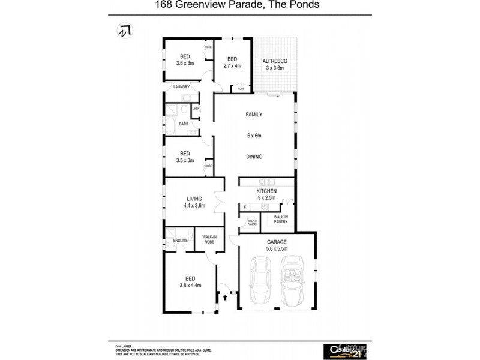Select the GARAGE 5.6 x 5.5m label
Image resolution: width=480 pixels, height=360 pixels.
click(277, 245)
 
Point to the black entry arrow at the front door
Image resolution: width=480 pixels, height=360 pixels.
click(226, 296)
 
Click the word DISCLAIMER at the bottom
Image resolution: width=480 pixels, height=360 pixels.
click(124, 346)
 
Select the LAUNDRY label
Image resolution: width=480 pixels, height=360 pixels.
click(181, 87)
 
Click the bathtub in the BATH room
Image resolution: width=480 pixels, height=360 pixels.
click(170, 125)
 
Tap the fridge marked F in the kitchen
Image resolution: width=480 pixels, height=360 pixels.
click(245, 207)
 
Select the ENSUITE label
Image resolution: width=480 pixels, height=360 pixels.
click(181, 241)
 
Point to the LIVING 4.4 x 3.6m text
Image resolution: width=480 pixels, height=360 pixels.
click(194, 202)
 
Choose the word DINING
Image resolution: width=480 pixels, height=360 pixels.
click(254, 157)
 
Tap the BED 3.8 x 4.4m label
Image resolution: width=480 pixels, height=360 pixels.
click(190, 282)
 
